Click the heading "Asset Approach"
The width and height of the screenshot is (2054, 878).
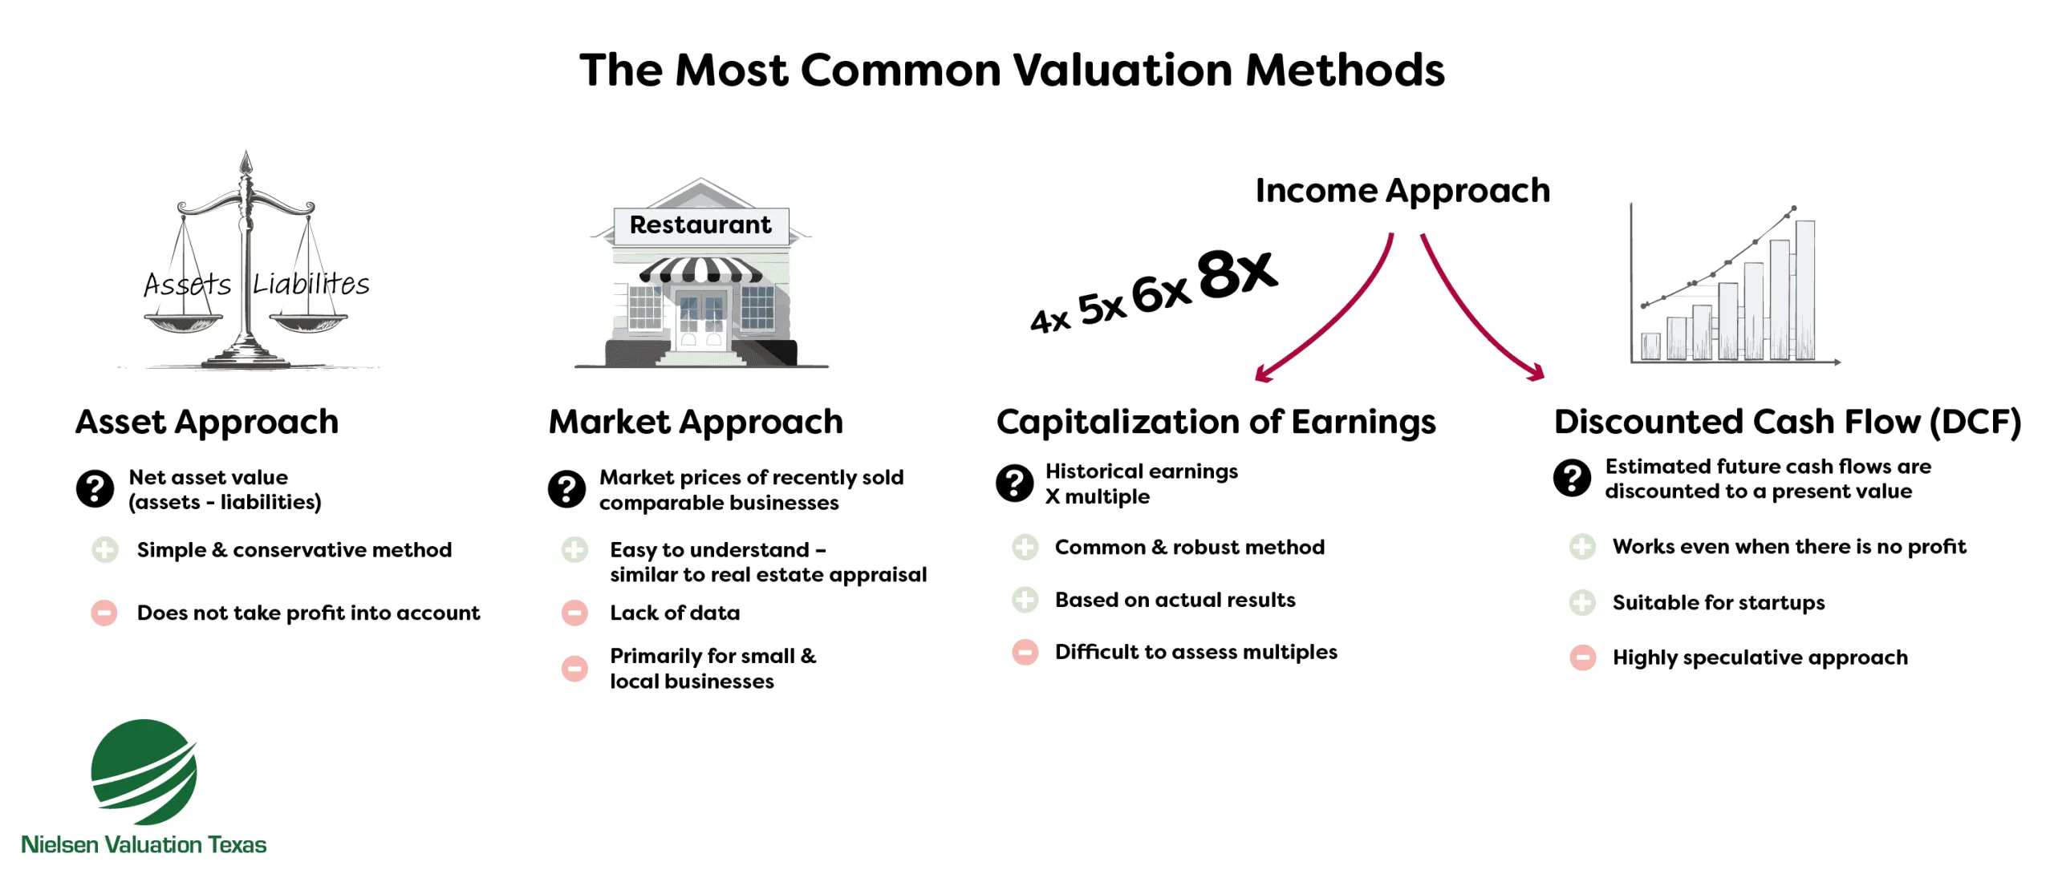[207, 422]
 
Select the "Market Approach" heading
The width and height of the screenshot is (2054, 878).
[696, 422]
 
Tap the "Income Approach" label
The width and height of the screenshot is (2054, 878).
[1402, 191]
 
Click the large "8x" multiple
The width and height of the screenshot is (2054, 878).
[1236, 273]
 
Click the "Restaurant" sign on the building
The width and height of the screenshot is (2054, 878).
[700, 225]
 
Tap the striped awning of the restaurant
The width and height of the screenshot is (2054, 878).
[700, 270]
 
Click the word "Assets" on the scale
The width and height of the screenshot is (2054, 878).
[187, 285]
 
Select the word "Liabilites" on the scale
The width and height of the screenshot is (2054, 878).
[311, 284]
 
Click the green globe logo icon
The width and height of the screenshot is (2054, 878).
[144, 771]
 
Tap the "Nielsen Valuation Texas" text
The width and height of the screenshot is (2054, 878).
[144, 844]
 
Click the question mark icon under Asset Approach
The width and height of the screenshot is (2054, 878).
[95, 488]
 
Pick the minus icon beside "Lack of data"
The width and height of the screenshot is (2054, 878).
[574, 613]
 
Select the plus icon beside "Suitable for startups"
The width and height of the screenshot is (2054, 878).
[1582, 602]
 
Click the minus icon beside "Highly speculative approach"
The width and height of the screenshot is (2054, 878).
[1582, 657]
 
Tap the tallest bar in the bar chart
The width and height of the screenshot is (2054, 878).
[1804, 290]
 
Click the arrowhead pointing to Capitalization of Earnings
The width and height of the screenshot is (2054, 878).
[1263, 374]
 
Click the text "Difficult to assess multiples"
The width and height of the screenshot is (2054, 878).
[1195, 652]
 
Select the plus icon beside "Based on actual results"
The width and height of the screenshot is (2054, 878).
[1025, 600]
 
